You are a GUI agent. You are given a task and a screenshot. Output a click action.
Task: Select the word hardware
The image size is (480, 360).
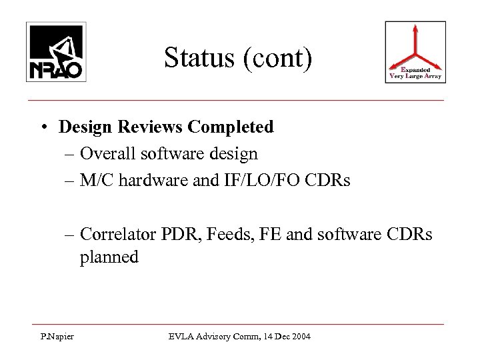pos(149,180)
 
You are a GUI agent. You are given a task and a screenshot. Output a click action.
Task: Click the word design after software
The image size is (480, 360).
pos(234,153)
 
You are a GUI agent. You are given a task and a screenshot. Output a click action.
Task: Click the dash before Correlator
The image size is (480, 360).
pos(69,234)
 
